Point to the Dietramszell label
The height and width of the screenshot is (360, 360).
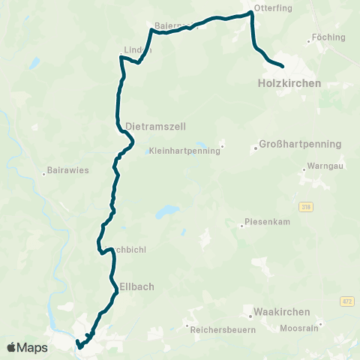click(155, 126)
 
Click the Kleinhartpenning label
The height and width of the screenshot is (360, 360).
click(184, 150)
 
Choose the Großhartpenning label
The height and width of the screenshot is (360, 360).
click(300, 144)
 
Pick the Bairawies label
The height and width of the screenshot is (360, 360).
click(67, 170)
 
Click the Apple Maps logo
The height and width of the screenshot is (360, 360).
click(27, 347)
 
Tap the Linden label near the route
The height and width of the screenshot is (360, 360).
click(137, 50)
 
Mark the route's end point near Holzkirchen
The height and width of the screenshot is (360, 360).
click(281, 66)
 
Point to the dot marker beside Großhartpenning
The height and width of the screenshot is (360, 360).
click(256, 147)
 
